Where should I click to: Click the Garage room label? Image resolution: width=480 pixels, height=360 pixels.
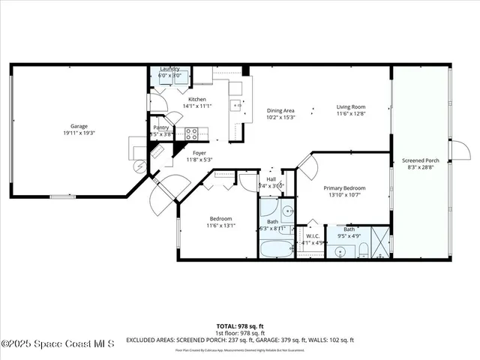79,126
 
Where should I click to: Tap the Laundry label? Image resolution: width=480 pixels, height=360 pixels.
169,69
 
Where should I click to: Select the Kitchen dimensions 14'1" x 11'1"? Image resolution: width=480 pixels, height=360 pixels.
196,106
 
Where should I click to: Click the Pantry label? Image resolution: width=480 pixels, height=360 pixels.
161,127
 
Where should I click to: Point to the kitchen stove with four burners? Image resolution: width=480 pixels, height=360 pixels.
190,134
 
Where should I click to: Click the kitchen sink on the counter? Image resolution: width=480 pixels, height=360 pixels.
235,106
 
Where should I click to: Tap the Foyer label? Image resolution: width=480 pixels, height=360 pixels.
199,152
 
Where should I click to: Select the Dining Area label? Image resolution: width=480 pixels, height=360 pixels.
280,111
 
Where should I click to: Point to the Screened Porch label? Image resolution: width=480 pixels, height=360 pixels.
420,160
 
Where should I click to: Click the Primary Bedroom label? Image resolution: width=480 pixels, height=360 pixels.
344,187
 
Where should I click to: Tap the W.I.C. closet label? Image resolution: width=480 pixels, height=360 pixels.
310,235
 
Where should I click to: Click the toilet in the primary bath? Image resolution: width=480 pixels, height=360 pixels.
361,248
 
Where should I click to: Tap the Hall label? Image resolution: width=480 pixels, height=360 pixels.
271,178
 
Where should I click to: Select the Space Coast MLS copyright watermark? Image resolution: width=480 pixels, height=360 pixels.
58,344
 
